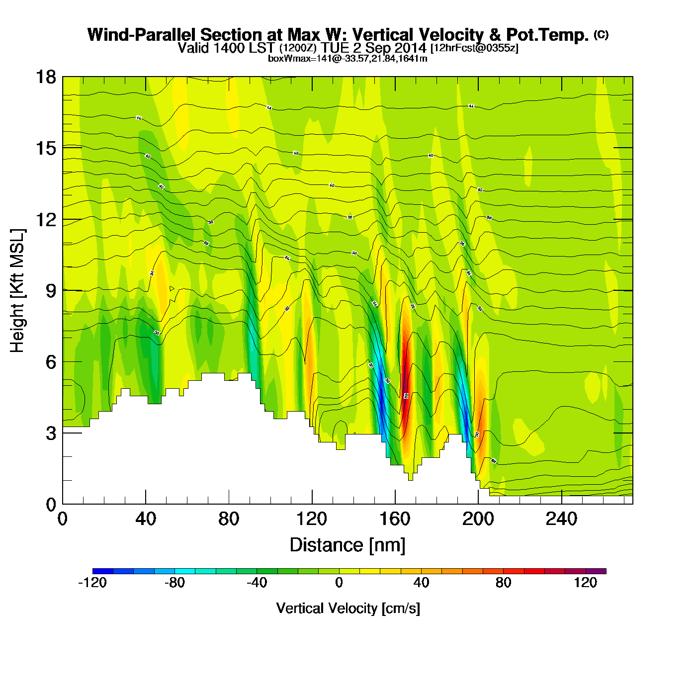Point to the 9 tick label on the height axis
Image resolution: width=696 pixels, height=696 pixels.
coord(51,291)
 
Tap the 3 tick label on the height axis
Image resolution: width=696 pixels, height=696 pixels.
coord(51,434)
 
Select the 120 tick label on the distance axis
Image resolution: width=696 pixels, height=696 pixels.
coord(312,520)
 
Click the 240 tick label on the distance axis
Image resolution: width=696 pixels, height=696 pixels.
coord(561,520)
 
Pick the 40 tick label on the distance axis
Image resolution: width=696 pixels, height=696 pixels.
coord(146,520)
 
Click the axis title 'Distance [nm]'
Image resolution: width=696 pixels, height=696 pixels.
coord(348,545)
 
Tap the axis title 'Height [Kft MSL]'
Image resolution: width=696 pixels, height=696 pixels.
coord(17,291)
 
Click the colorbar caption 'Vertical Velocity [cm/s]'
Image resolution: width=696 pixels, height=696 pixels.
coord(348,608)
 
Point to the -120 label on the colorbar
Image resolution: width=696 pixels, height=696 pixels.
coord(92,583)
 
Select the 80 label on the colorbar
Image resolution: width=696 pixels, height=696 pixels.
coord(503,583)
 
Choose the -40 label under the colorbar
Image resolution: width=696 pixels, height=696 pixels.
coord(257,583)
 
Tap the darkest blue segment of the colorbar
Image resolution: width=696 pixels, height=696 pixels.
coord(102,571)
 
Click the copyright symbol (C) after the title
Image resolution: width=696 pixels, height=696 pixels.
coord(601,34)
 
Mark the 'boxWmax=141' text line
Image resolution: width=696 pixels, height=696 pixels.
coord(348,59)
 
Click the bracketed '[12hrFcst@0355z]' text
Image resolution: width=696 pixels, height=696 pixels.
coord(474,48)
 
